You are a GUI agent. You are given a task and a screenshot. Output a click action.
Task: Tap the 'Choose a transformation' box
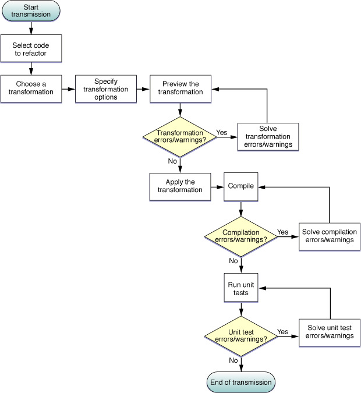click(31, 88)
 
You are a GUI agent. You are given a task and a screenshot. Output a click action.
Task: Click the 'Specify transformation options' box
click(105, 88)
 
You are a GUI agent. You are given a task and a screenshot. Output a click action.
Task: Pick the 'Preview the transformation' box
click(180, 88)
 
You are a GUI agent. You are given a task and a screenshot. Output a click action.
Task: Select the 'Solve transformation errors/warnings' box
click(268, 137)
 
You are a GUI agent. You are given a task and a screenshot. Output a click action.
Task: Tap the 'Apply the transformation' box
click(180, 186)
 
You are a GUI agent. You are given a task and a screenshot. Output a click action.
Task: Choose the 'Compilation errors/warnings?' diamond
click(241, 236)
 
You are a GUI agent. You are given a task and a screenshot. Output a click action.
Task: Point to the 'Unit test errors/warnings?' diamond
click(241, 336)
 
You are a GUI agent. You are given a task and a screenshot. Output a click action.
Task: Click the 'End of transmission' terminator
click(241, 383)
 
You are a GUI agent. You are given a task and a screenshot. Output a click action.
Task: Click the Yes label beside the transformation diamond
click(222, 132)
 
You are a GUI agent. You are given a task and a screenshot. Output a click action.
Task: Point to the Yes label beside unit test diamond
click(283, 332)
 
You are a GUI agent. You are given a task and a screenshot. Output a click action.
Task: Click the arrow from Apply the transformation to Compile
click(218, 187)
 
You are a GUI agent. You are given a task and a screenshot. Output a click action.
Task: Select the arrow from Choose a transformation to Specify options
click(69, 89)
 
